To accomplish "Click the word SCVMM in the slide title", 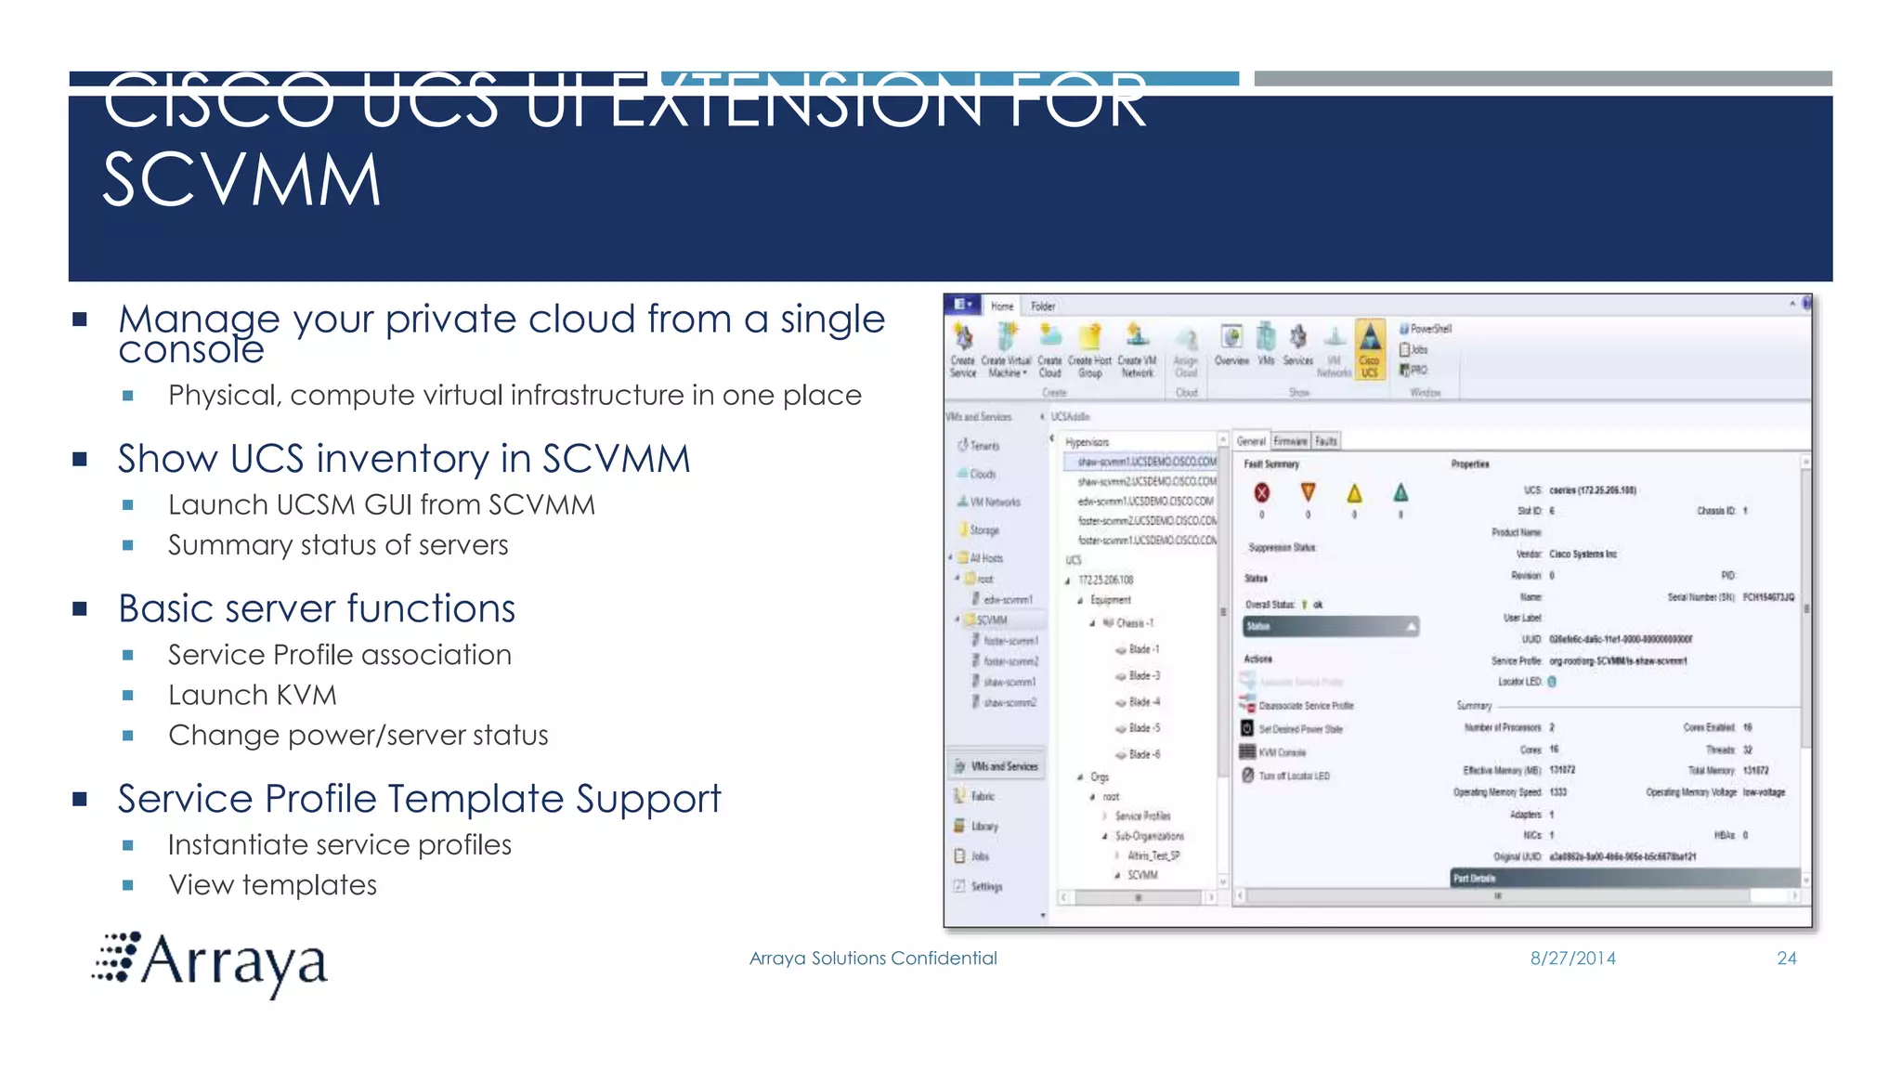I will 241,180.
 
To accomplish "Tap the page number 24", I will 1786,959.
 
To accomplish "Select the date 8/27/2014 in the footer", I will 1572,959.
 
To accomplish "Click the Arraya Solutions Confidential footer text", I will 872,959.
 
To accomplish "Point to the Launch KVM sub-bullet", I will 252,695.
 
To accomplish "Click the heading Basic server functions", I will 316,609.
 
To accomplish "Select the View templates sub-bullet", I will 272,885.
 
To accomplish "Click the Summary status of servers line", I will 337,545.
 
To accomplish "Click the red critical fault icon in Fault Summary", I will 1261,493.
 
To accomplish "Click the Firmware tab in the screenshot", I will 1290,441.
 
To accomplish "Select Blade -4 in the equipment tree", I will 1143,702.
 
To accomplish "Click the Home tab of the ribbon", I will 1001,306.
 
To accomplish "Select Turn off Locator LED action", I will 1293,776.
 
